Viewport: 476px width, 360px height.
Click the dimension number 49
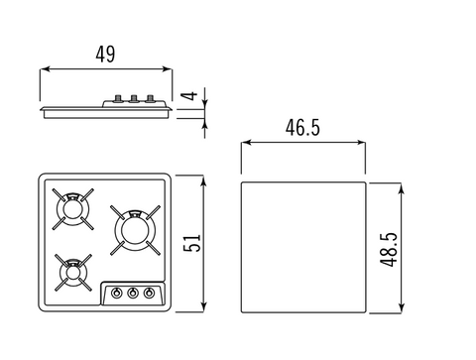(x=105, y=55)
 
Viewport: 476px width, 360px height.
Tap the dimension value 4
(x=189, y=96)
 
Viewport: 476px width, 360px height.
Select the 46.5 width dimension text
(x=302, y=128)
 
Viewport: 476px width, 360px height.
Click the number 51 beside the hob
(x=192, y=243)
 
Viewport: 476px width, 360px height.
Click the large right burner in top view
(x=135, y=230)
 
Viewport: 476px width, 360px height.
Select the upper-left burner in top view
(x=72, y=209)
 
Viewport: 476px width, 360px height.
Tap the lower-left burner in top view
(x=73, y=273)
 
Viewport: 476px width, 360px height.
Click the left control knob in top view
(x=116, y=293)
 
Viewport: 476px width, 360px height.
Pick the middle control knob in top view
(x=133, y=293)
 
